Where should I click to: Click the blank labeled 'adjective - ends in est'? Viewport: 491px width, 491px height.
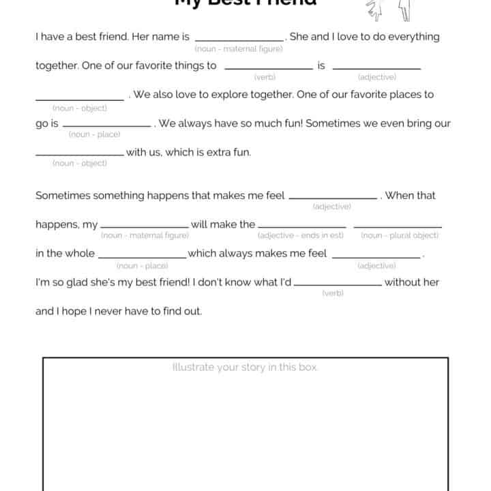pyautogui.click(x=301, y=226)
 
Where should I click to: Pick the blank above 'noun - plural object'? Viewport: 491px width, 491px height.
pyautogui.click(x=398, y=226)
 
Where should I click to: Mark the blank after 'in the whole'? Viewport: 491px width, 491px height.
pyautogui.click(x=142, y=256)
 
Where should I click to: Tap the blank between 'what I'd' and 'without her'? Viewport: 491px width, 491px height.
pyautogui.click(x=338, y=284)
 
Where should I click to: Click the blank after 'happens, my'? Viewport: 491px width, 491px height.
pyautogui.click(x=145, y=226)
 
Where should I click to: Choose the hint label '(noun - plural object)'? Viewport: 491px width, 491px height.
pyautogui.click(x=400, y=235)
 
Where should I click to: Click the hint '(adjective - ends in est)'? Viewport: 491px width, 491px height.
pyautogui.click(x=300, y=235)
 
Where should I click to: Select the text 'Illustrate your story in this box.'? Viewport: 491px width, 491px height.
pyautogui.click(x=245, y=368)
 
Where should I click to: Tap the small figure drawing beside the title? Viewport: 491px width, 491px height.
pyautogui.click(x=389, y=8)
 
